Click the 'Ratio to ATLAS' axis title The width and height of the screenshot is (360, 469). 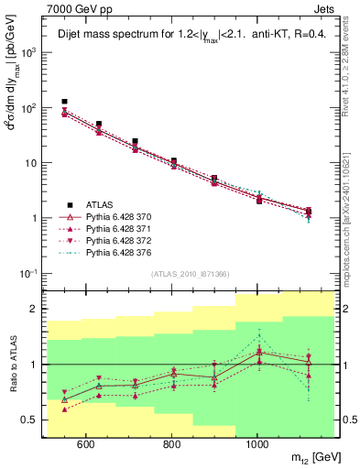click(12, 364)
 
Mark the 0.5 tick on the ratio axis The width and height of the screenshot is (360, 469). click(32, 420)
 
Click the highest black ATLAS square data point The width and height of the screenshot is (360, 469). click(64, 102)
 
